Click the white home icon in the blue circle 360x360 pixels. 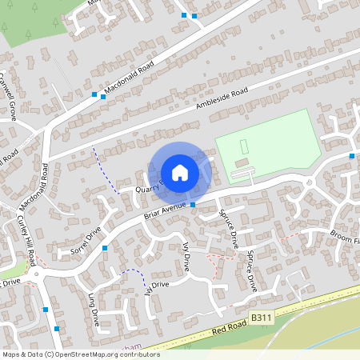coord(180,173)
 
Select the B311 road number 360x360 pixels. coord(260,318)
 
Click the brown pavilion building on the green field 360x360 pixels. coord(240,174)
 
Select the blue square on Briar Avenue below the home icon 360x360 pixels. coord(193,206)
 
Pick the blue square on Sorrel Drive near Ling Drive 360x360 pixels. coord(105,248)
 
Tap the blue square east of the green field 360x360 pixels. coord(352,155)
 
